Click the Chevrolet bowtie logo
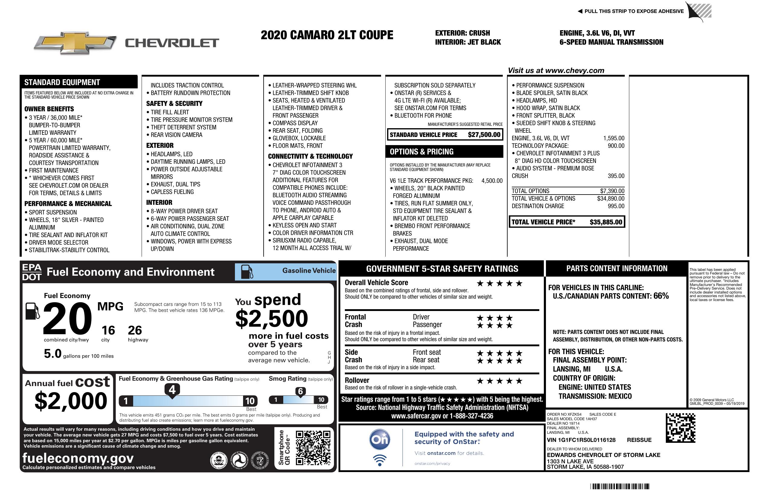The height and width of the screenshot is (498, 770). point(75,43)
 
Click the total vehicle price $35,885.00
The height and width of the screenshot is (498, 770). point(606,222)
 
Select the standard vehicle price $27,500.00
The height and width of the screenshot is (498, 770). point(484,135)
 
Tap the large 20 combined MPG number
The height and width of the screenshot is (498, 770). point(67,319)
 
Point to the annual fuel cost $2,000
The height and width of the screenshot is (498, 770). point(71,401)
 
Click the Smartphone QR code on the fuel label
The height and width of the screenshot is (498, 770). point(313,448)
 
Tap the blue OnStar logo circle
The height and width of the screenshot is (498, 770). point(380,439)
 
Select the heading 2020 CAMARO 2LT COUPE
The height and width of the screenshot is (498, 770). point(327,35)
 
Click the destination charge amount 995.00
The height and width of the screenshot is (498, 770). point(616,206)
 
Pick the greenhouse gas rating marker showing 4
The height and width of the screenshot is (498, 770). point(172,390)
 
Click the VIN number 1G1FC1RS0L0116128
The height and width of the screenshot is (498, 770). point(586,440)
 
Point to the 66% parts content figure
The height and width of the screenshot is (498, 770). point(661,296)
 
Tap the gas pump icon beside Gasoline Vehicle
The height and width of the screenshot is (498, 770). point(247,272)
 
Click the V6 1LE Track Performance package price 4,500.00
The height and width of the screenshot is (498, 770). point(492,181)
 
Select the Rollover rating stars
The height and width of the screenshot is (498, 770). point(499,381)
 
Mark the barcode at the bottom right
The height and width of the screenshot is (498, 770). point(620,486)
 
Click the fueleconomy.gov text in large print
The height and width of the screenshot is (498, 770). point(78,458)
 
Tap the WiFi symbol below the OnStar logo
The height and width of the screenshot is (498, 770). point(380,460)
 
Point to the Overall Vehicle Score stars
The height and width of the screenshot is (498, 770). point(499,284)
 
